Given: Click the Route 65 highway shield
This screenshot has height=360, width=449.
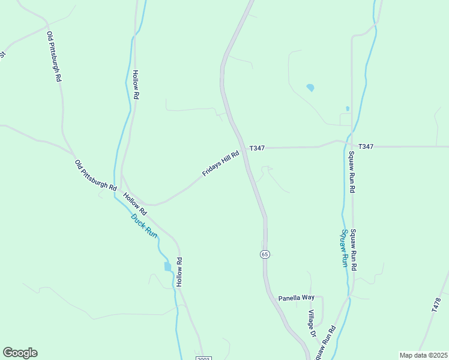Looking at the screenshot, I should point(265,254).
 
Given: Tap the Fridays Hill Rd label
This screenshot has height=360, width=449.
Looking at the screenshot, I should point(221,163).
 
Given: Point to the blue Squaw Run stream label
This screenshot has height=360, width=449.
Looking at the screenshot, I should point(345,247).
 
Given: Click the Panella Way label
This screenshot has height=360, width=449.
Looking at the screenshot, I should point(297,298).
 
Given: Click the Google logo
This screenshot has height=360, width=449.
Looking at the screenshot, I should point(20,353).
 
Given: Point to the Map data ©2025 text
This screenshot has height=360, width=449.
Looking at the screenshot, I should point(423,355).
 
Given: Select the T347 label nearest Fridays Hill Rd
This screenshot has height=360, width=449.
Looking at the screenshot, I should point(257,148).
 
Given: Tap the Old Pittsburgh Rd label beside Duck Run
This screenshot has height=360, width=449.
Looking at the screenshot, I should point(95,175).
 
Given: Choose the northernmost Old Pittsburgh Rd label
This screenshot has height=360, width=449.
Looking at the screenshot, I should point(54,57).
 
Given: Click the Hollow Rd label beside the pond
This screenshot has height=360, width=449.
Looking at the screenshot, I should point(179,272).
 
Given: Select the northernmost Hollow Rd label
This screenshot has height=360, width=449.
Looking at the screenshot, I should point(136,85).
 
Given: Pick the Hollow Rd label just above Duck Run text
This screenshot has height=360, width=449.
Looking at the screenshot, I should point(135,204).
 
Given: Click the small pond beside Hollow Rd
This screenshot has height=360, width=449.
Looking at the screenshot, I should point(167,266).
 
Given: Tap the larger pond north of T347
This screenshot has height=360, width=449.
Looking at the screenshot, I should point(310,88).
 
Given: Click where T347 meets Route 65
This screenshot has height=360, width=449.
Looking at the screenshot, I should point(242,147).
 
